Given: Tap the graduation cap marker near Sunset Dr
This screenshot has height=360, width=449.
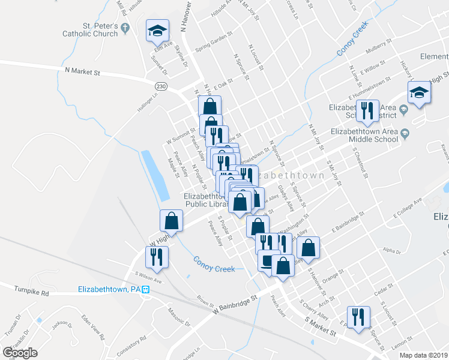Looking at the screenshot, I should [158, 31].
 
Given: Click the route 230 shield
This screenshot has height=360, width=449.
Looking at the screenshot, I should [161, 86].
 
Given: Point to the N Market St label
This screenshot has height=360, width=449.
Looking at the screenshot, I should [82, 71].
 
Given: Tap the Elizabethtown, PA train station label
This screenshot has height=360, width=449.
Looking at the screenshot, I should [114, 289].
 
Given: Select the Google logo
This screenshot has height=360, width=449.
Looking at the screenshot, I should [20, 353].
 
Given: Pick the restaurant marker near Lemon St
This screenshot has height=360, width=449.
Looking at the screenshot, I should [358, 317].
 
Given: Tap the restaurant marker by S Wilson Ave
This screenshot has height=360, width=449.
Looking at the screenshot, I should [157, 257].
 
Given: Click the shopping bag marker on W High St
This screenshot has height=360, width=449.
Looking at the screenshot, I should [172, 220].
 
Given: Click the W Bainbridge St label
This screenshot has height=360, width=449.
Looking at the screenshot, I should [235, 302].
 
